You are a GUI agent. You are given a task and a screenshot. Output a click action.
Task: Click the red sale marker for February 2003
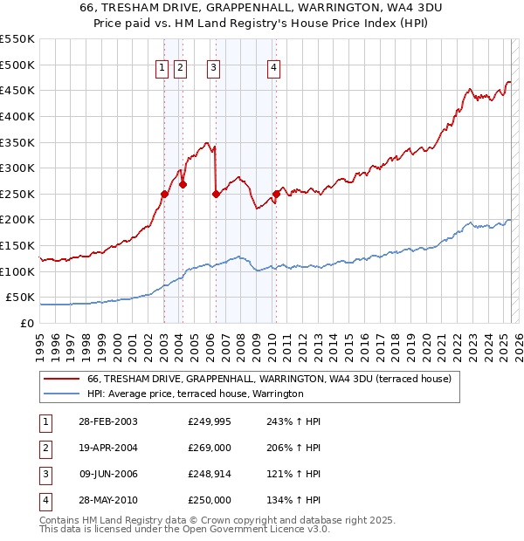[164, 194]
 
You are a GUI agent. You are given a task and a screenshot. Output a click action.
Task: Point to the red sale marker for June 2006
[216, 195]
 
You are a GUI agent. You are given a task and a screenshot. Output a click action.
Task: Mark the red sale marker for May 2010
[276, 194]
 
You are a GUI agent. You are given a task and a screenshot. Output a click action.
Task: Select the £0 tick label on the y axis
[28, 323]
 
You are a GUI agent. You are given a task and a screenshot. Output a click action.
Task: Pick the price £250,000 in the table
[210, 500]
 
